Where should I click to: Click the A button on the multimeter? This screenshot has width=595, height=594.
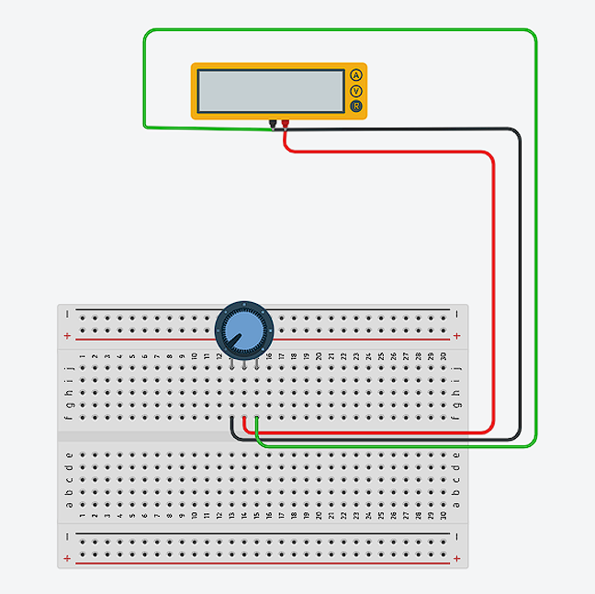355,75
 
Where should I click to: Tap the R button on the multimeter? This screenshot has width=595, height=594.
355,107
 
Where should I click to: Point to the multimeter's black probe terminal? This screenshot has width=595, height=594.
273,123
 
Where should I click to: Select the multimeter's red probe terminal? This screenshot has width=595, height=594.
285,123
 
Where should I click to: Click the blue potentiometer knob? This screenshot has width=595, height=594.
243,328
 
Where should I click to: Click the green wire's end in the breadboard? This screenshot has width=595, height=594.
257,419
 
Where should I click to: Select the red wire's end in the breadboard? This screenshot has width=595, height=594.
244,419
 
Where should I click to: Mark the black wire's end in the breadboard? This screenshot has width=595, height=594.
232,419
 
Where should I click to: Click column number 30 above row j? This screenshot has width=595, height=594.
443,356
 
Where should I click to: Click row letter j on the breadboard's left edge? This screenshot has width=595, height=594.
69,368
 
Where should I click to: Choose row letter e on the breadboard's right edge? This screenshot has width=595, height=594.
456,454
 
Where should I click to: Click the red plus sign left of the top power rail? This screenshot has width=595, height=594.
67,337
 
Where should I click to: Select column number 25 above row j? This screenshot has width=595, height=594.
381,356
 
